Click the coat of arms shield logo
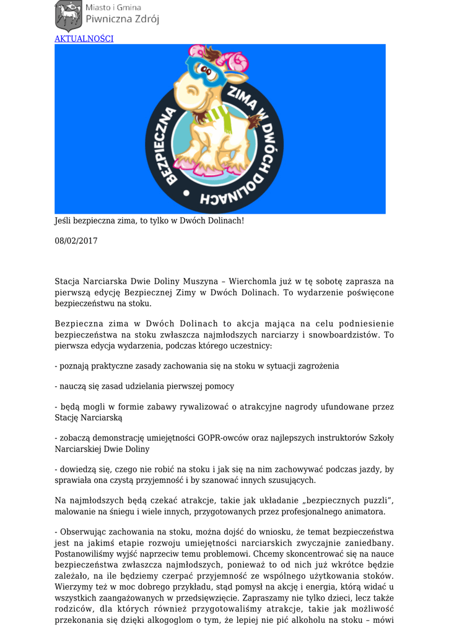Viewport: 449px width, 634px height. (68, 15)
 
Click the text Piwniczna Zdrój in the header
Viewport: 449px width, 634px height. (122, 19)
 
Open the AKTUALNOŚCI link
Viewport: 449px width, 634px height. (84, 38)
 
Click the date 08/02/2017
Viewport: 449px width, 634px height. (76, 241)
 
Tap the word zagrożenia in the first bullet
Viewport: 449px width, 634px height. (318, 366)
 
